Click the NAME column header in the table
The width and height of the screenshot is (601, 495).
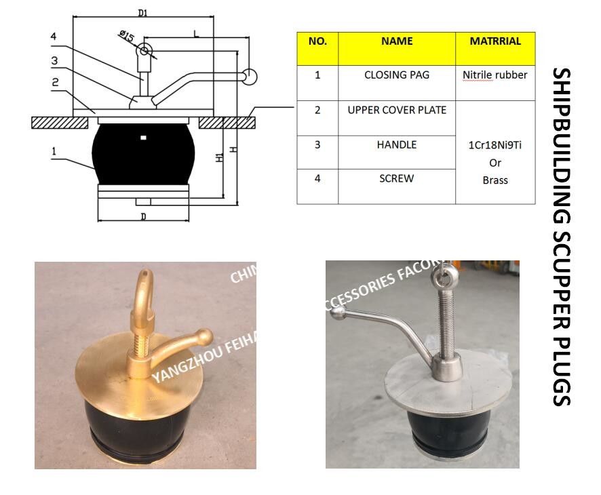397,41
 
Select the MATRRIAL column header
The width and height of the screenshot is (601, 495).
495,41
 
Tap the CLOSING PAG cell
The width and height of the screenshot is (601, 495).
397,75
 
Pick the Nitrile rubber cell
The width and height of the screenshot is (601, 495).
495,75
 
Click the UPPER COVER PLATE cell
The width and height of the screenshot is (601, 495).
397,110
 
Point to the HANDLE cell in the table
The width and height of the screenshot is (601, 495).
397,145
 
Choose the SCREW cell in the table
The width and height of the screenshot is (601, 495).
397,179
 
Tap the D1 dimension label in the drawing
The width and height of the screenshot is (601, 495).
142,13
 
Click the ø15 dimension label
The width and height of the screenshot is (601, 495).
125,37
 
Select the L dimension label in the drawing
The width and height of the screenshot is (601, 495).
196,33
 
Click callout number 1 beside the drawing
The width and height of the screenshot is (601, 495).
54,151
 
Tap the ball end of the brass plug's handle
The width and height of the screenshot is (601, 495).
203,337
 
